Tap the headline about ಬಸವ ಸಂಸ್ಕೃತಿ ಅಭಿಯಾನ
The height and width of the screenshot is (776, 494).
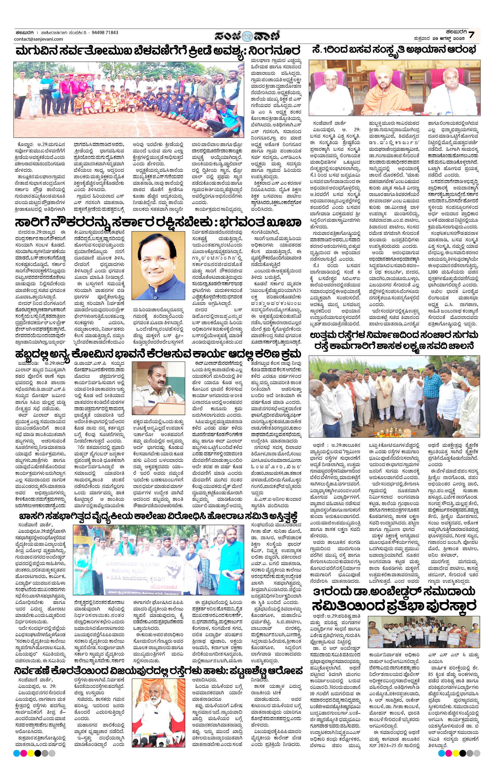[x=394, y=51]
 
